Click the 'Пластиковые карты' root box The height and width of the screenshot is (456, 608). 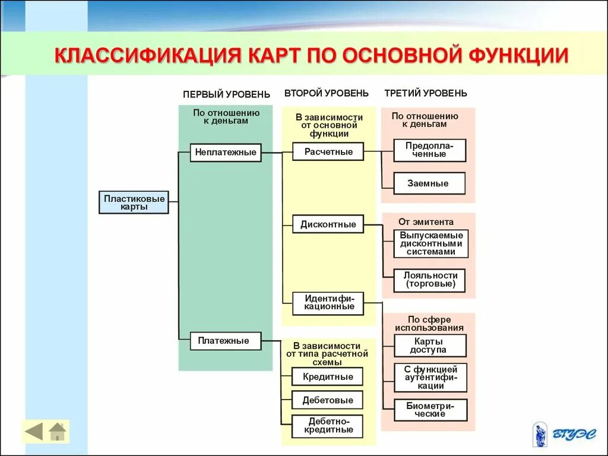coord(134,202)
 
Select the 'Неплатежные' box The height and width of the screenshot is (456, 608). coord(226,153)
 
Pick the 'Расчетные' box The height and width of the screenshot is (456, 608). coord(328,152)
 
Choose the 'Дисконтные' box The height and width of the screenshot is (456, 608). coord(328,224)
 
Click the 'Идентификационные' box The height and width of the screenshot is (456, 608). coord(328,303)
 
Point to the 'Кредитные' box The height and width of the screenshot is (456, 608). coord(328,377)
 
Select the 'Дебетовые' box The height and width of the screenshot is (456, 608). coord(328,400)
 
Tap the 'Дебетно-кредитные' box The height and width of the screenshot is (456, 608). coord(328,426)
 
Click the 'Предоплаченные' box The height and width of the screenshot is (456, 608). coord(430,150)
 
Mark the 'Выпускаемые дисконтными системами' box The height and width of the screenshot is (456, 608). coord(431,243)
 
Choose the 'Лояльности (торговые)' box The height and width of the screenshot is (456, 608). coord(430,280)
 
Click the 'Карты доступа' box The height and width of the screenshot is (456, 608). coord(430,346)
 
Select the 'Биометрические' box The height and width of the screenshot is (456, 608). coord(430,410)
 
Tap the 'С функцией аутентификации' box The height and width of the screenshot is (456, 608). coord(430,378)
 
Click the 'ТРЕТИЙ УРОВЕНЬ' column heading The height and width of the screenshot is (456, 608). coord(425,93)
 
